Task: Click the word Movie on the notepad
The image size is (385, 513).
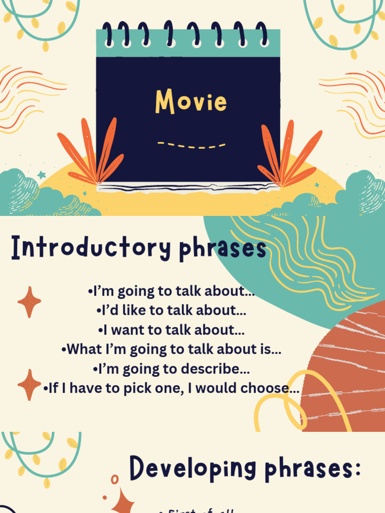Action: [x=190, y=101]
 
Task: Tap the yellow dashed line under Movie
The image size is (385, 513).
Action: [x=191, y=145]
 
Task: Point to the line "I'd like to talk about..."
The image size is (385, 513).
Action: [x=171, y=310]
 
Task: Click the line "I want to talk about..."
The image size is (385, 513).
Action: [x=171, y=330]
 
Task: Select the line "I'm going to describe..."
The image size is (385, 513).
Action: [x=171, y=369]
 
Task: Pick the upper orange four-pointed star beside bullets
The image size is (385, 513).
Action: [x=29, y=302]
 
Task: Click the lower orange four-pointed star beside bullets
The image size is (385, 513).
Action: [x=29, y=385]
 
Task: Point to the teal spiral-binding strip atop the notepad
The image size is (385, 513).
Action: [x=188, y=43]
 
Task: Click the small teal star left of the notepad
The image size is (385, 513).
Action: [x=41, y=175]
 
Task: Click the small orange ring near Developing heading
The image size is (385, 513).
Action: [x=115, y=480]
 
